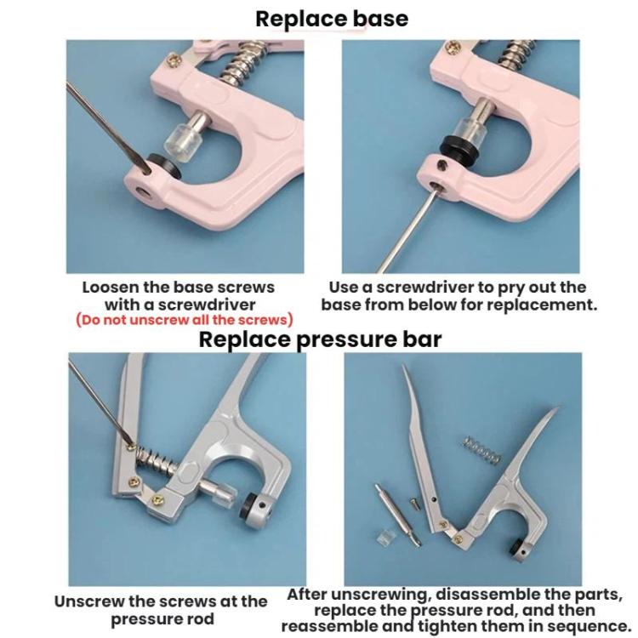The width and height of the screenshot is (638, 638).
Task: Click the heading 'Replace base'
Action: (x=332, y=19)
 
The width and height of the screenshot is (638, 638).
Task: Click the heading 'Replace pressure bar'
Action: (x=320, y=339)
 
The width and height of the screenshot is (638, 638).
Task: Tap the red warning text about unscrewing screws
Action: (x=185, y=320)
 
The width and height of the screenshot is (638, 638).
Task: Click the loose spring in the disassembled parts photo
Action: (x=482, y=451)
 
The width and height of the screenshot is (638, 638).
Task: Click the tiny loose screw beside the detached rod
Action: (x=414, y=503)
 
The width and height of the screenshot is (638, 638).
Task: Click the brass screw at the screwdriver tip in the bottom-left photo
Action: (x=131, y=447)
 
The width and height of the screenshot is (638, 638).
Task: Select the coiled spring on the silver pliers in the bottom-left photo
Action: (x=157, y=461)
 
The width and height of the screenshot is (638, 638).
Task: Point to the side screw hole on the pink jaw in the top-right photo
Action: (x=443, y=165)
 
